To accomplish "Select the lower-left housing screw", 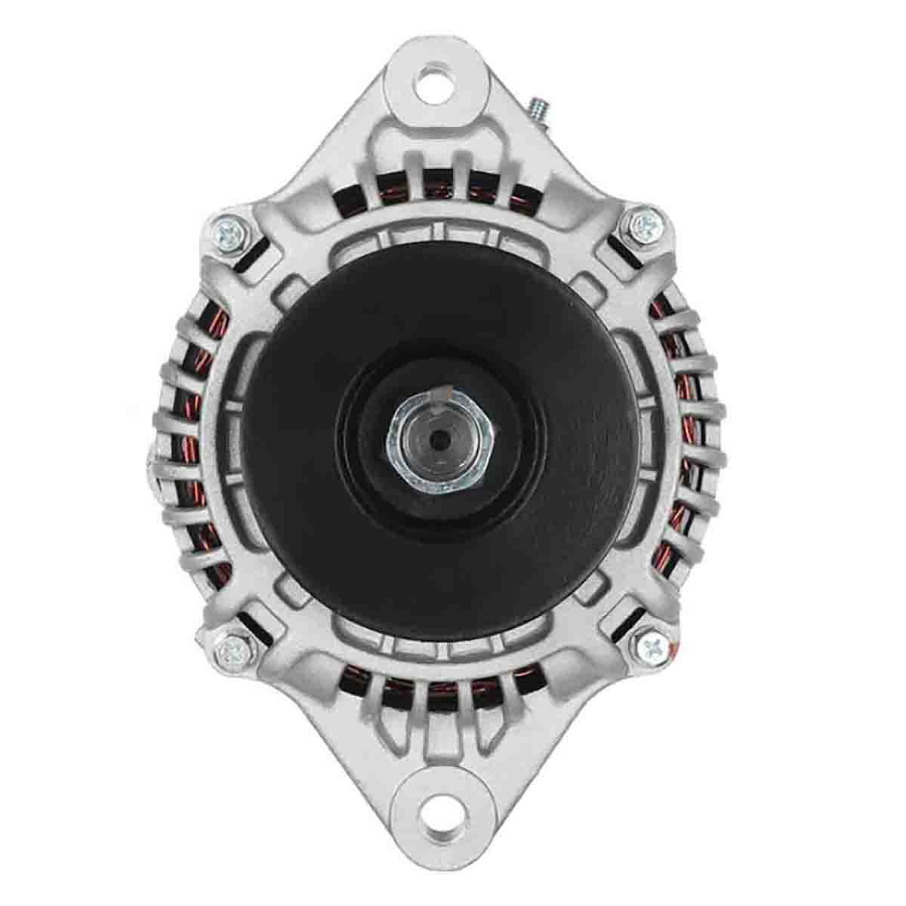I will (228, 647).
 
